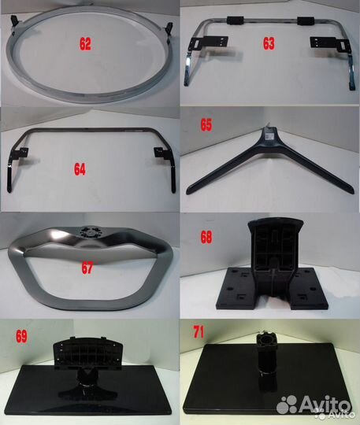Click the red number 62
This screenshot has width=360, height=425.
pyautogui.click(x=85, y=44)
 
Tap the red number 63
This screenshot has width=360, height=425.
pyautogui.click(x=269, y=43)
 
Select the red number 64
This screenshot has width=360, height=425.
pyautogui.click(x=80, y=169)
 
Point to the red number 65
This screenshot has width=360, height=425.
pyautogui.click(x=206, y=124)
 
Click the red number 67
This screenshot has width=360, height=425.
pyautogui.click(x=87, y=268)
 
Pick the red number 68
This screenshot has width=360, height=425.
pyautogui.click(x=206, y=237)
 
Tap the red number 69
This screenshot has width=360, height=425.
pyautogui.click(x=22, y=336)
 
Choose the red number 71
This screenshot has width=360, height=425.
pyautogui.click(x=199, y=332)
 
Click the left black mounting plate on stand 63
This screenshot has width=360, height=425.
pyautogui.click(x=209, y=42)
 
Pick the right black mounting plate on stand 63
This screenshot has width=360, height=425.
pyautogui.click(x=330, y=43)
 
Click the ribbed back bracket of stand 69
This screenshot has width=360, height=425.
pyautogui.click(x=88, y=352)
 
